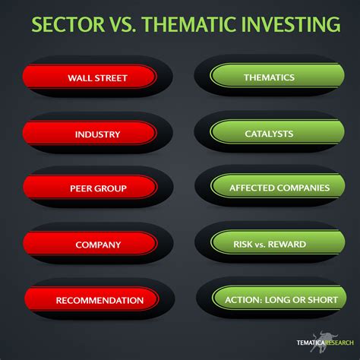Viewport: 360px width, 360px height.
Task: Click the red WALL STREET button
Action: pos(90,77)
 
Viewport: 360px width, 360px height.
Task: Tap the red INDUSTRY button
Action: pos(90,133)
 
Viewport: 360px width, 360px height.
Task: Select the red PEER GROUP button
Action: pos(90,188)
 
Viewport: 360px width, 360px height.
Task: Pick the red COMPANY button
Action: pos(90,244)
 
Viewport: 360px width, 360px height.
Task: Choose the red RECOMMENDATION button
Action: pos(92,299)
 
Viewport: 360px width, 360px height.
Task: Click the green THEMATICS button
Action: pos(277,76)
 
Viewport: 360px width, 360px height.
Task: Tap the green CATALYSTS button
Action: pos(277,132)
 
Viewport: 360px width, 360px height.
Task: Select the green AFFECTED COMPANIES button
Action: pos(277,187)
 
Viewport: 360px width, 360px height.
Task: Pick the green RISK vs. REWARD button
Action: pos(277,243)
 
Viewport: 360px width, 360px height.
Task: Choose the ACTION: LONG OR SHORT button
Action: pos(279,298)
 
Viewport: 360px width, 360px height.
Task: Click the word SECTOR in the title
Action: pos(68,24)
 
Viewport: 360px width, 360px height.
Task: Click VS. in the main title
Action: pos(123,24)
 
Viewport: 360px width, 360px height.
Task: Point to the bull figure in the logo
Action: pos(324,341)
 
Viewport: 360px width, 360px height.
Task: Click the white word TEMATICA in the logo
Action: pos(311,343)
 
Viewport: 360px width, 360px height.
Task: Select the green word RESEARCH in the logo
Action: pos(339,343)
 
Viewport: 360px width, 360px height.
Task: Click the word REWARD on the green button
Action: pos(287,245)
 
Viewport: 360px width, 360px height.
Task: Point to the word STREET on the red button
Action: pos(111,78)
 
